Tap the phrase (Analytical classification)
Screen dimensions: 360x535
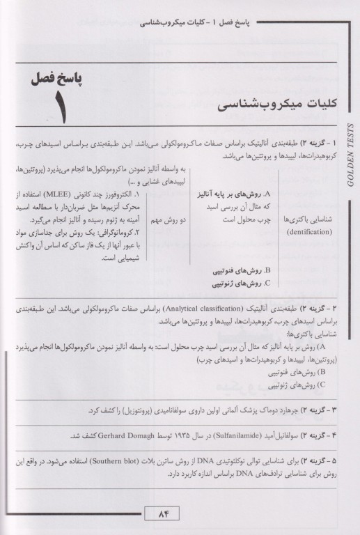click(221, 307)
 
